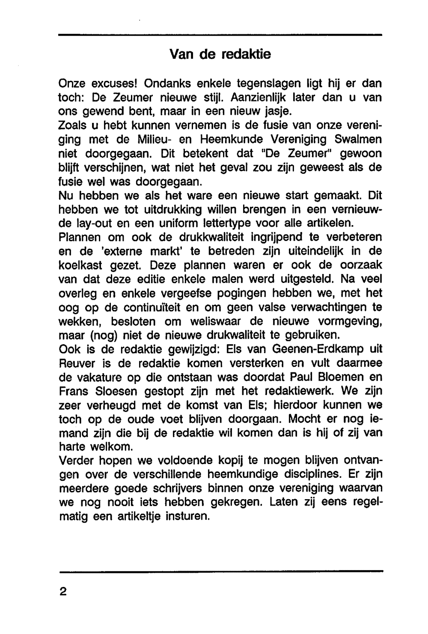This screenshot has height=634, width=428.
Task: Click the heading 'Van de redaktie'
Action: tap(220, 54)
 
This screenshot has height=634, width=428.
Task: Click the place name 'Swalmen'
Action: tap(358, 139)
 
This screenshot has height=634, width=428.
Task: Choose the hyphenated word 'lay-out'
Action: tap(98, 223)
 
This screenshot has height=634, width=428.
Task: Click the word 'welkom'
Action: tap(111, 446)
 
